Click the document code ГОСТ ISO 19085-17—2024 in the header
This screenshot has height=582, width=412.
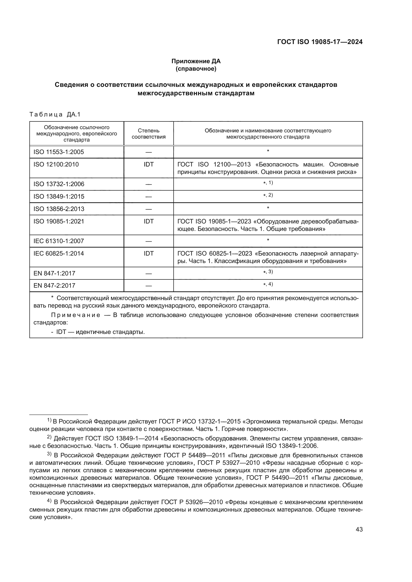point(320,42)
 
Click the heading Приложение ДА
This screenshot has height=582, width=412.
point(196,61)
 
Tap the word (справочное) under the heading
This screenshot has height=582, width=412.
point(196,69)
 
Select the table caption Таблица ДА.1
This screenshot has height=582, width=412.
point(55,114)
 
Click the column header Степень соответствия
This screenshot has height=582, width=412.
point(148,134)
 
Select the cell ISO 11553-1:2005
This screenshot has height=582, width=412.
point(59,152)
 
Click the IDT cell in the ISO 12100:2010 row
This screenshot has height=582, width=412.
point(148,164)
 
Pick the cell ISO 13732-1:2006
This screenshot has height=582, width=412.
point(59,184)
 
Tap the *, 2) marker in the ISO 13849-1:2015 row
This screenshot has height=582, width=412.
point(268,195)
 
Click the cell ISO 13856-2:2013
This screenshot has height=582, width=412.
point(59,209)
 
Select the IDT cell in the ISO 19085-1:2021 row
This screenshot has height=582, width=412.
point(148,221)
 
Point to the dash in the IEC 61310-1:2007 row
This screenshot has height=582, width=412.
point(148,241)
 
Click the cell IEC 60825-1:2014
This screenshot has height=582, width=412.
point(59,254)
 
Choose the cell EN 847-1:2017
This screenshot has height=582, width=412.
point(54,273)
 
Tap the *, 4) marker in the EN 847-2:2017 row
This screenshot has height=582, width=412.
point(268,284)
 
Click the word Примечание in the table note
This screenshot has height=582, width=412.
point(76,315)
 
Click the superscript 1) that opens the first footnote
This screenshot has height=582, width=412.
point(49,421)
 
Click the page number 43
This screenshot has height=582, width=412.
point(359,529)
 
